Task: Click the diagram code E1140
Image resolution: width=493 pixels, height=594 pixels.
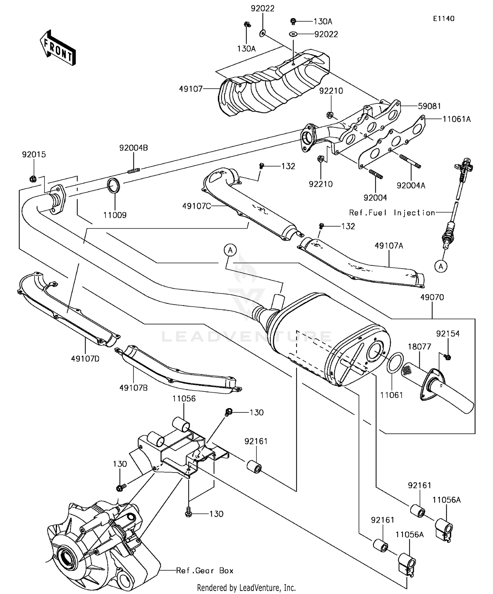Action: pos(443,19)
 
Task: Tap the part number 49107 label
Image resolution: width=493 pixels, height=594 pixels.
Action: pos(191,89)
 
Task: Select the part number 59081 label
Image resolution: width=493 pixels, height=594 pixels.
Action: pos(429,106)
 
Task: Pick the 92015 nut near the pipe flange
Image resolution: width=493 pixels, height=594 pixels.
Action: pos(33,179)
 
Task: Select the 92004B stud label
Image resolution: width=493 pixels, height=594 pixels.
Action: pos(133,148)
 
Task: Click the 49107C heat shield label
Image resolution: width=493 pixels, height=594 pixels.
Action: pos(197,206)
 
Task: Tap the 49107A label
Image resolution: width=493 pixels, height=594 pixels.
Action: pos(389,246)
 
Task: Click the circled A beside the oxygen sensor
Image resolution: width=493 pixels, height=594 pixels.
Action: pos(441,267)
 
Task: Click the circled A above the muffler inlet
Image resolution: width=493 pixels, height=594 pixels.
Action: pos(230,251)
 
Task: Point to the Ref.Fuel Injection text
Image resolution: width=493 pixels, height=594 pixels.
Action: pos(392,213)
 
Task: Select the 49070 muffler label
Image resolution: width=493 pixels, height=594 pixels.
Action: pos(432,297)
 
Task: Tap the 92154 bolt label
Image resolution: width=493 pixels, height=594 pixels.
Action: pos(448,334)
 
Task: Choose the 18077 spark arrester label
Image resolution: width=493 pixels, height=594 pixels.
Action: pos(419,347)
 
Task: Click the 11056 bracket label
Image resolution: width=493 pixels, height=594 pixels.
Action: pos(184,399)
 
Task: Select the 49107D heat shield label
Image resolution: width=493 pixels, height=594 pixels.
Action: pos(85,359)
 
